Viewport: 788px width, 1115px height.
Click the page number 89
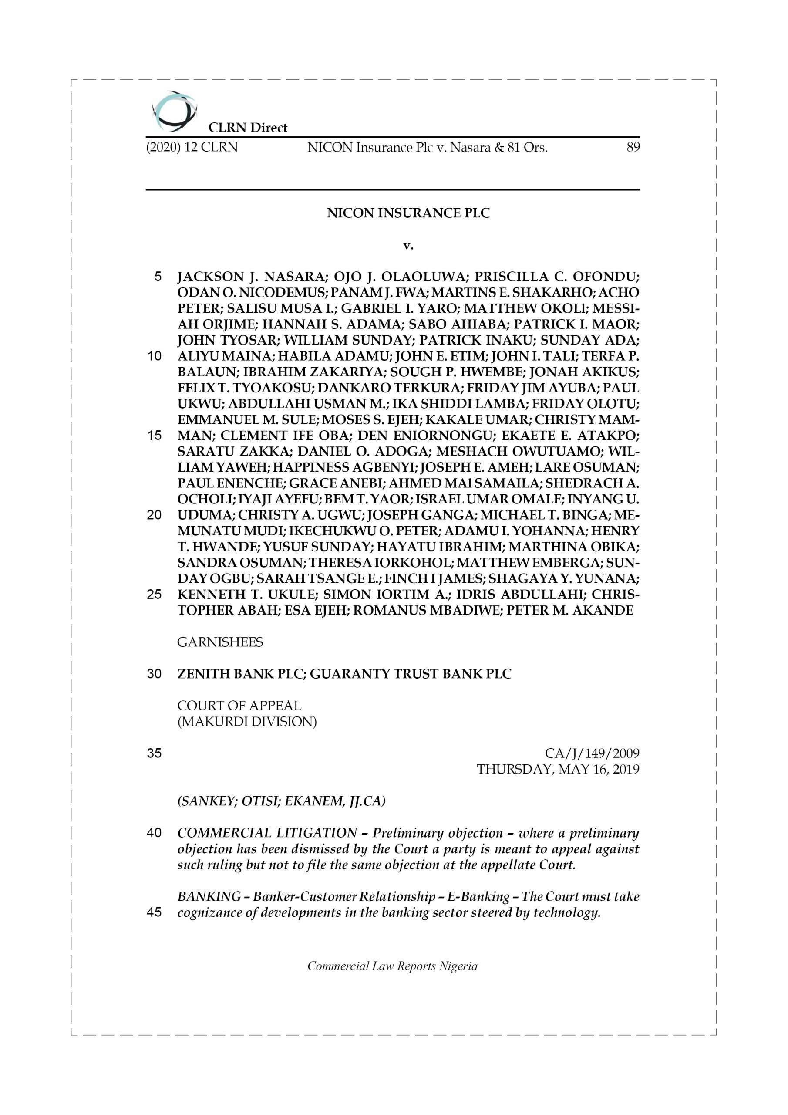pyautogui.click(x=633, y=147)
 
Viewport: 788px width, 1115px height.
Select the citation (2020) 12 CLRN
pyautogui.click(x=192, y=147)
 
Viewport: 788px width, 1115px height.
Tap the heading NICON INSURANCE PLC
pyautogui.click(x=408, y=213)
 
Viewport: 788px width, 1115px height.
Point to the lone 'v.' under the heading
pyautogui.click(x=408, y=246)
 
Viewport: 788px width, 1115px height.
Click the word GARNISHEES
pyautogui.click(x=220, y=642)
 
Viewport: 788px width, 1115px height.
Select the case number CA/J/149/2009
pyautogui.click(x=592, y=753)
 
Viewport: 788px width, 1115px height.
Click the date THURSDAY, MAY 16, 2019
pyautogui.click(x=558, y=769)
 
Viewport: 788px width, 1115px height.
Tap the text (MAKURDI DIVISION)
pyautogui.click(x=247, y=722)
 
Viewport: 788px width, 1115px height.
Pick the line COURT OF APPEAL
pyautogui.click(x=239, y=706)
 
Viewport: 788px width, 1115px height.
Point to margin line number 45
pyautogui.click(x=154, y=912)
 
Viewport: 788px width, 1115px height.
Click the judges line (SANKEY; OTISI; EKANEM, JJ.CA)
pyautogui.click(x=281, y=801)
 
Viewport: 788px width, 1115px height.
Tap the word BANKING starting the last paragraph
pyautogui.click(x=209, y=896)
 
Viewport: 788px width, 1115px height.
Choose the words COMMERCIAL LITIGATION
pyautogui.click(x=267, y=833)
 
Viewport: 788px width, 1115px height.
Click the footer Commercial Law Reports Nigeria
pyautogui.click(x=392, y=966)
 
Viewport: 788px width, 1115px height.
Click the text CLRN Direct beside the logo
pyautogui.click(x=248, y=128)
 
